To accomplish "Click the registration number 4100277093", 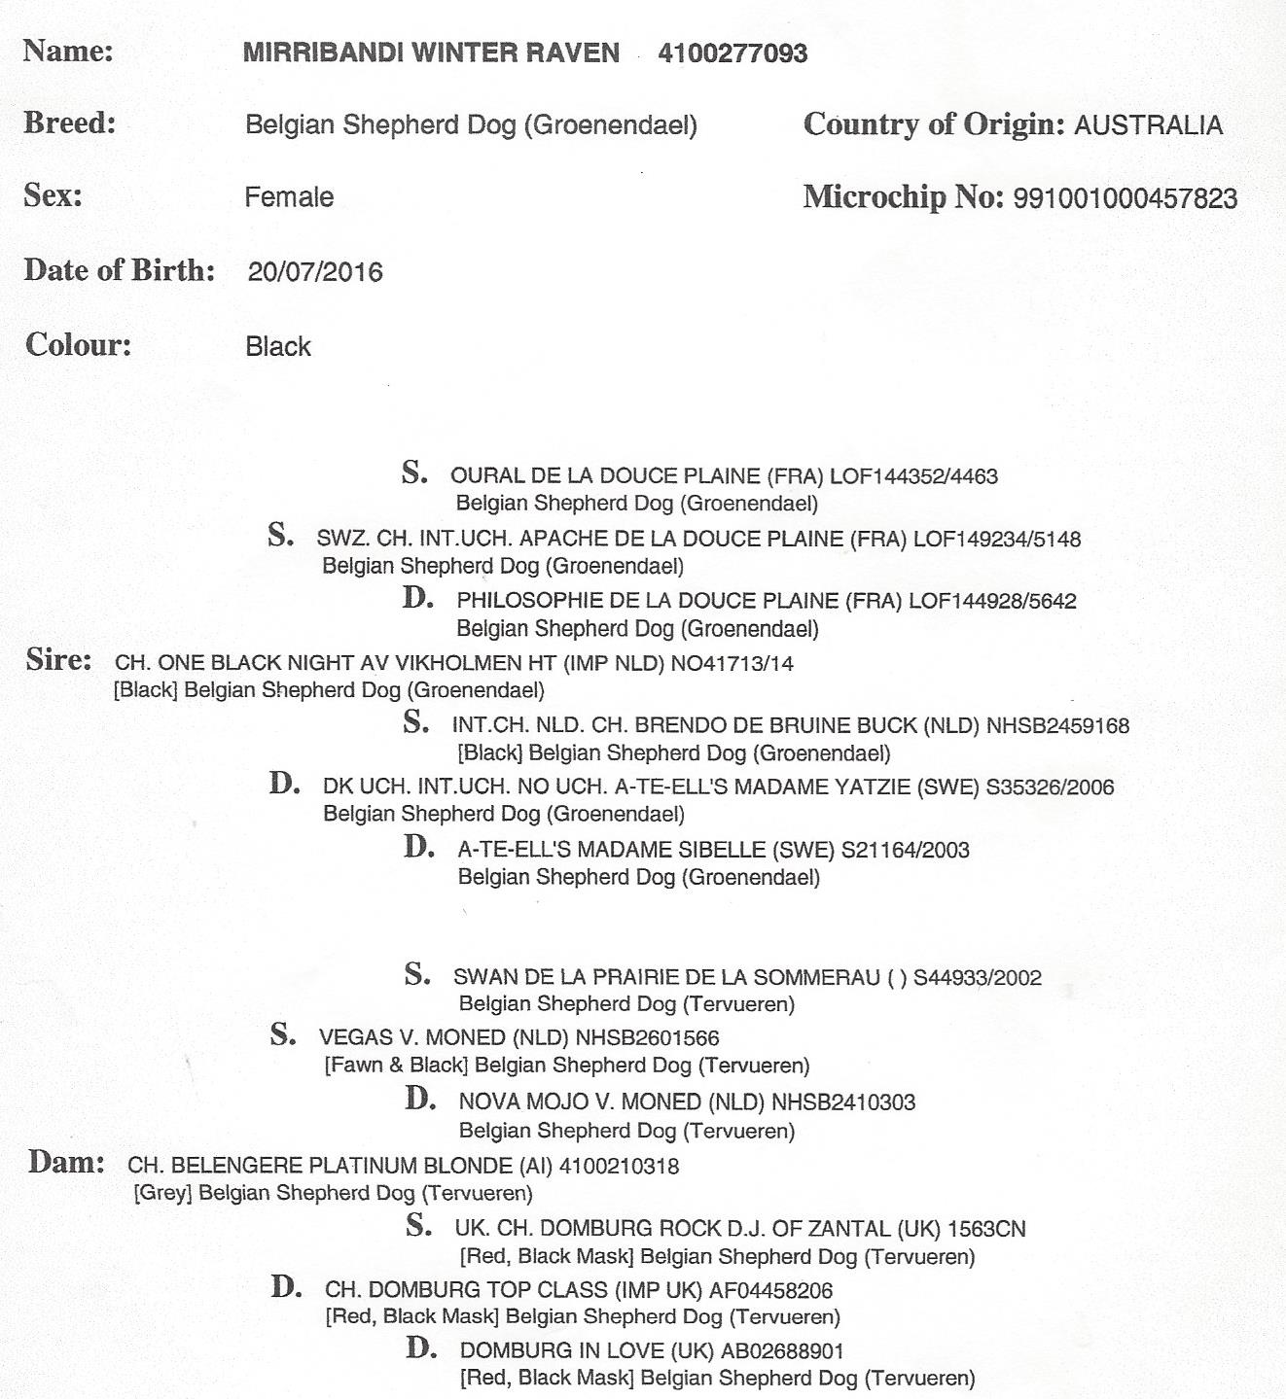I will pyautogui.click(x=732, y=52).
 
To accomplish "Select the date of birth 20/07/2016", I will pyautogui.click(x=315, y=271).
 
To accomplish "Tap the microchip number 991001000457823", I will pyautogui.click(x=1125, y=198).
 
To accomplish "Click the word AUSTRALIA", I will pyautogui.click(x=1148, y=125).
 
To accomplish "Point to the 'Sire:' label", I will pyautogui.click(x=59, y=660).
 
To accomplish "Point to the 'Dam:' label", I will pyautogui.click(x=66, y=1162).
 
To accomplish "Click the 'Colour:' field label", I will pyautogui.click(x=78, y=344).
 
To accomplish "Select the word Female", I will pyautogui.click(x=289, y=197).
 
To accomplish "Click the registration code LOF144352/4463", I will pyautogui.click(x=913, y=476).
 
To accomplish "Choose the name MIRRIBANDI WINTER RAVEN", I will pyautogui.click(x=431, y=52).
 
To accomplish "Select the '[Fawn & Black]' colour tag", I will pyautogui.click(x=396, y=1066).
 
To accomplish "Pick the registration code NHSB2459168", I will pyautogui.click(x=1057, y=725).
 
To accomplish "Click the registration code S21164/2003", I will pyautogui.click(x=905, y=851).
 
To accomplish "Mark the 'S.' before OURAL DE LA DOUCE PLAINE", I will pyautogui.click(x=415, y=473).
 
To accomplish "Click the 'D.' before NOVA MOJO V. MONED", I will pyautogui.click(x=420, y=1100).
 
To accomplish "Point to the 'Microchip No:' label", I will pyautogui.click(x=903, y=197).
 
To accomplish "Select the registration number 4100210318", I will pyautogui.click(x=619, y=1166).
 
